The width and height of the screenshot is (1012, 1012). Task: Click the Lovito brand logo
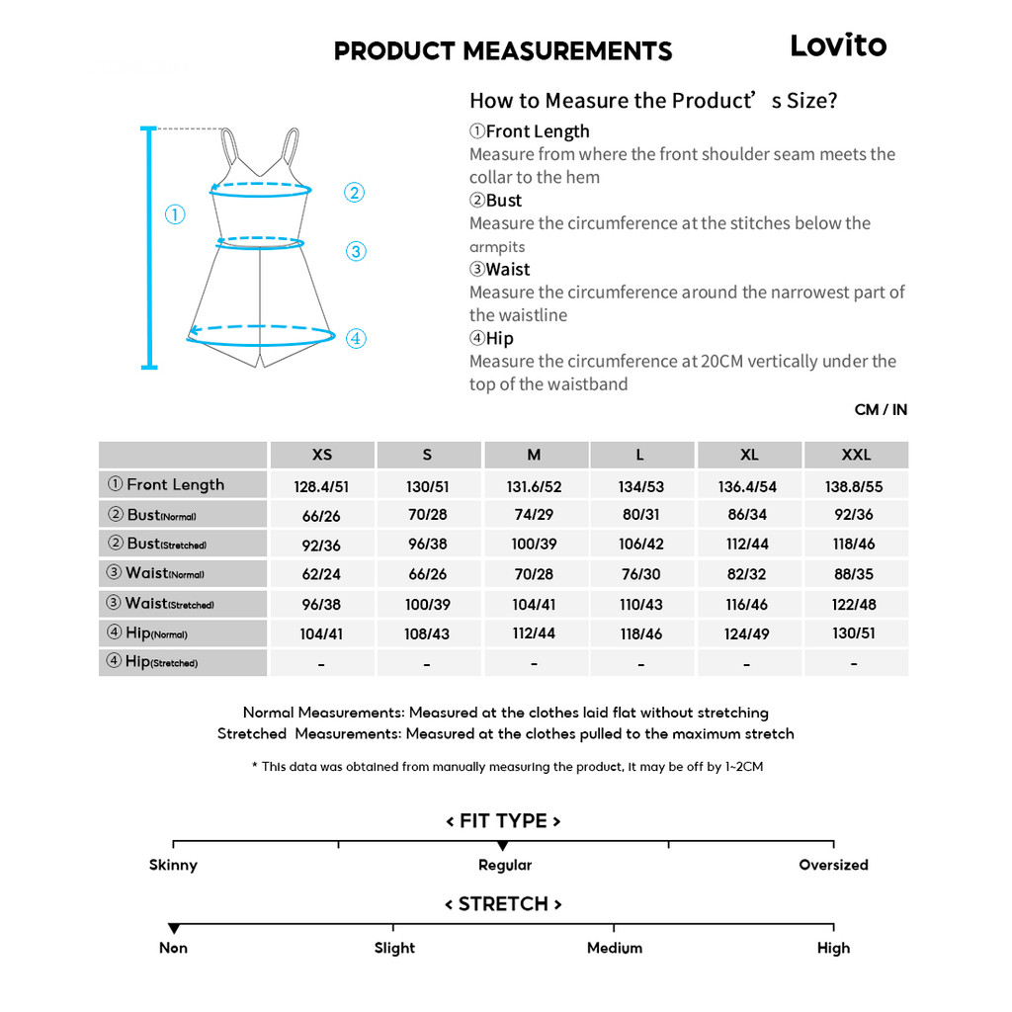[x=838, y=45]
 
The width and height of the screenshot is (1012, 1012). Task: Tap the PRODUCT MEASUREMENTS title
[x=503, y=51]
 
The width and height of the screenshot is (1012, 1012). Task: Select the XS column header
[x=322, y=455]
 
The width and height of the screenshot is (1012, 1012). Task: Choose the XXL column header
[x=856, y=455]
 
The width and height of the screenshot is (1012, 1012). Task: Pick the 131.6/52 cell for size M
[x=535, y=486]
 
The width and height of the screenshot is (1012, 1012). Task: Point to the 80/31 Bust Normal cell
[x=640, y=515]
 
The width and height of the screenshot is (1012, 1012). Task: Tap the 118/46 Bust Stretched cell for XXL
[x=854, y=545]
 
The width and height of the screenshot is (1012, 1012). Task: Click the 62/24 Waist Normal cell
[x=321, y=574]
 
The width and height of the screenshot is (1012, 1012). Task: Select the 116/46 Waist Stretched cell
[x=747, y=604]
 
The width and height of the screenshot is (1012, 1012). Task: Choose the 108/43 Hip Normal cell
[x=428, y=633]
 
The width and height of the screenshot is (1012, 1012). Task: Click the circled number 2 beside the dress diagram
[x=354, y=193]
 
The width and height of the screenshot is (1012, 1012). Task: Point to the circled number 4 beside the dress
[x=356, y=339]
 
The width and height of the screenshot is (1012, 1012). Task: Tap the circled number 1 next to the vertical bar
[x=175, y=214]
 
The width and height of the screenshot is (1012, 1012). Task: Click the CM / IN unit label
[x=881, y=410]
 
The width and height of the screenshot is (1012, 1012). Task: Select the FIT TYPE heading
[x=503, y=821]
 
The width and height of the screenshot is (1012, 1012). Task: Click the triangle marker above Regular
[x=503, y=846]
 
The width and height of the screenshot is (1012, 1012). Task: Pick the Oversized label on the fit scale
[x=833, y=865]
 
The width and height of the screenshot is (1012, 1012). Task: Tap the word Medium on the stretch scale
[x=614, y=948]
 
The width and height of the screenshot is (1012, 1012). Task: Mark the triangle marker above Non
[x=174, y=929]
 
